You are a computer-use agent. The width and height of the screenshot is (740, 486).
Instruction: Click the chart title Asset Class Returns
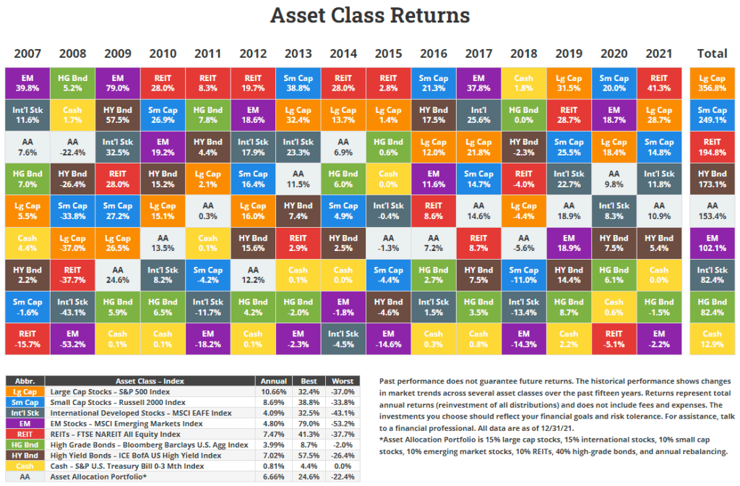(369, 15)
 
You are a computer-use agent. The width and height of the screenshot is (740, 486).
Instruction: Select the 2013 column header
(298, 54)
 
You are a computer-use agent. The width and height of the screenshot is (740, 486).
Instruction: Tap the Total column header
(711, 54)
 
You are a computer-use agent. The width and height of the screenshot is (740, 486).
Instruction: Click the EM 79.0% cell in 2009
(118, 82)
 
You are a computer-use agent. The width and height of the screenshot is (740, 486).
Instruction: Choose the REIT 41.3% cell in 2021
(658, 82)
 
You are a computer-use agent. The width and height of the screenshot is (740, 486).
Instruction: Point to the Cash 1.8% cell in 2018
(523, 82)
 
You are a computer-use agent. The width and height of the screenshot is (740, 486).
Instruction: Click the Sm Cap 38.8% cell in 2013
(298, 82)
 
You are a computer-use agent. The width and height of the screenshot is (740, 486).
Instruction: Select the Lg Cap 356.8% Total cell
(712, 82)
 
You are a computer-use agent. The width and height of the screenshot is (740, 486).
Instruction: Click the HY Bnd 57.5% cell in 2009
(118, 114)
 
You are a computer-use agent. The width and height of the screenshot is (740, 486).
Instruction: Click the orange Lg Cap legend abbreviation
(25, 391)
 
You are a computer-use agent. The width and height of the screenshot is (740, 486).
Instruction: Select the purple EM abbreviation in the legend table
(25, 423)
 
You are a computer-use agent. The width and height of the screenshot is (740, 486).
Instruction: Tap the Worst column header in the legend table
(341, 380)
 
